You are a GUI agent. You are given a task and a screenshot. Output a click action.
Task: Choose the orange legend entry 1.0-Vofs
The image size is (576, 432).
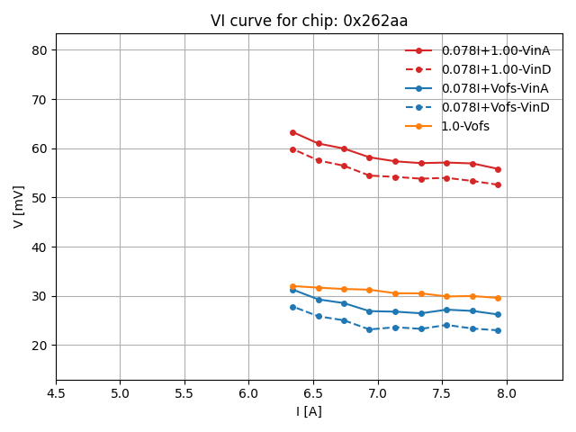tap(465, 126)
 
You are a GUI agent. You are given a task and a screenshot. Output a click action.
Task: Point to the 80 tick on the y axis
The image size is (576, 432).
tap(40, 50)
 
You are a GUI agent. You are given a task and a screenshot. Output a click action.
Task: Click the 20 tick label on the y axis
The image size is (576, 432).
tap(40, 346)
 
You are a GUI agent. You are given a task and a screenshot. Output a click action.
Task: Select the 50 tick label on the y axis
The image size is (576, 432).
tap(40, 198)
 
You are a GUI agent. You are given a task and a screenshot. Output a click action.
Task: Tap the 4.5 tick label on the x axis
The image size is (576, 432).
tap(56, 394)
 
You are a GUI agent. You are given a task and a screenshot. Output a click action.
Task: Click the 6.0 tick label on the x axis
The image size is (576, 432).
tap(248, 394)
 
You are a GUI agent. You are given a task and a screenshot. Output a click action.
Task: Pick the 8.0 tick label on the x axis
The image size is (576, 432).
tap(506, 394)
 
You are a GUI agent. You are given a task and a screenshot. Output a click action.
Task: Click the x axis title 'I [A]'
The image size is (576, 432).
tap(309, 411)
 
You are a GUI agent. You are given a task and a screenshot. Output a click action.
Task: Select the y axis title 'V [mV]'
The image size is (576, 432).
tap(19, 206)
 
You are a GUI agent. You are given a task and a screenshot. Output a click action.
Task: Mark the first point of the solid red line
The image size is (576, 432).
tap(292, 132)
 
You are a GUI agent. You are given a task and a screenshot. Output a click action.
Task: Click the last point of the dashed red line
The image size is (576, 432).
tap(498, 185)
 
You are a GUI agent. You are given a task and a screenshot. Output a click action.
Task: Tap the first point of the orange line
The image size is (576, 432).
tap(292, 286)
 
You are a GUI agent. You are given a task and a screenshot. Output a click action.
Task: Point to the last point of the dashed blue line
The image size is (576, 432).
tap(498, 330)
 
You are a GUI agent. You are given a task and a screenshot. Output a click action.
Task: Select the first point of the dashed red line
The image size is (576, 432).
tap(292, 149)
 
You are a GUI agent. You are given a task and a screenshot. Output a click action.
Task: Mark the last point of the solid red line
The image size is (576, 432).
tap(498, 169)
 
